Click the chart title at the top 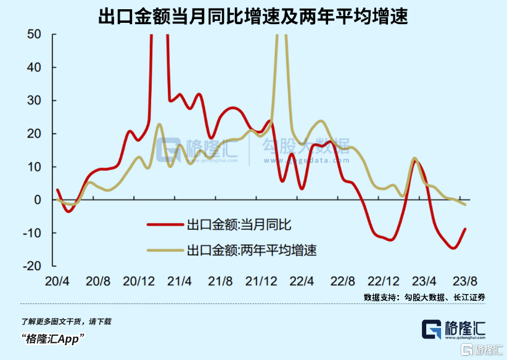(253, 16)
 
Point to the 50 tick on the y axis (34, 34)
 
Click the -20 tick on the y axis (31, 266)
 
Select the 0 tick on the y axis (38, 200)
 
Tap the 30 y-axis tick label (34, 100)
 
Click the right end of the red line (465, 229)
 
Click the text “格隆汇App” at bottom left (52, 338)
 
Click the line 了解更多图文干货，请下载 (66, 321)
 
